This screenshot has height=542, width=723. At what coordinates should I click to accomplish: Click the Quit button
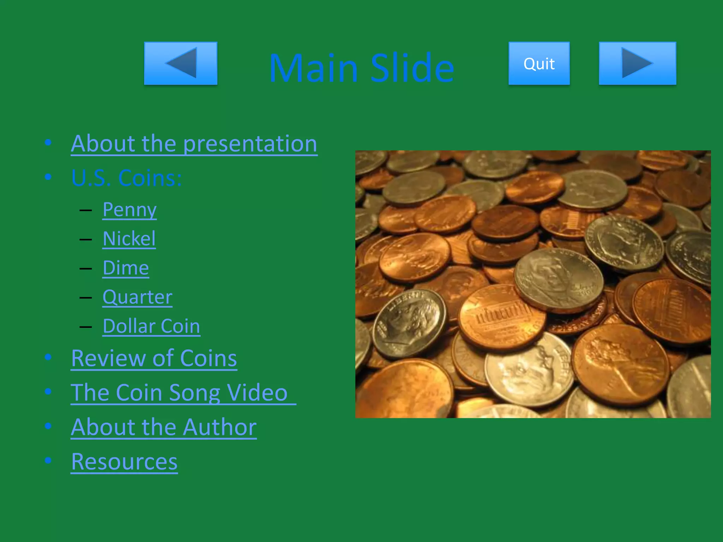click(x=539, y=64)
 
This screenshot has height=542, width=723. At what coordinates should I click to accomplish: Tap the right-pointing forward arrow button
click(x=637, y=64)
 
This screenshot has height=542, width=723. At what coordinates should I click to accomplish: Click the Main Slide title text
click(x=361, y=68)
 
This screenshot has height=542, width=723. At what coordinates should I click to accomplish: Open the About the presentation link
click(x=194, y=144)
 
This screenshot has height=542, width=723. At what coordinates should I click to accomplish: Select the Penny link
click(x=130, y=210)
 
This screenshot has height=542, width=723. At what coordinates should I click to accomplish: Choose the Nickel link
click(x=129, y=239)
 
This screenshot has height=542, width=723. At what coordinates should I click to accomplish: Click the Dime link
click(x=126, y=268)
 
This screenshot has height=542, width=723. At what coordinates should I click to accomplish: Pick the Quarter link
click(x=137, y=297)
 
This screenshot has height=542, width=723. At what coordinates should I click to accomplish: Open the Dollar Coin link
click(x=151, y=326)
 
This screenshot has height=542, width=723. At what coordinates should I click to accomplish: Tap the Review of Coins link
click(x=154, y=359)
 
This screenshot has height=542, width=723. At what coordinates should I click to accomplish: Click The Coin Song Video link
click(x=179, y=393)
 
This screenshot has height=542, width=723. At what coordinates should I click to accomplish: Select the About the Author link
click(x=163, y=427)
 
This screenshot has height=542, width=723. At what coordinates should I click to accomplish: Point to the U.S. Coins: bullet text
click(x=126, y=178)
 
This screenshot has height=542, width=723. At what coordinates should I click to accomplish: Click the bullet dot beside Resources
click(x=48, y=460)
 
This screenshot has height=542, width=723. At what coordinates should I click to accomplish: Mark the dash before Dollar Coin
click(x=86, y=327)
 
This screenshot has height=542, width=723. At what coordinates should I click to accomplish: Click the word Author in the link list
click(x=220, y=427)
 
